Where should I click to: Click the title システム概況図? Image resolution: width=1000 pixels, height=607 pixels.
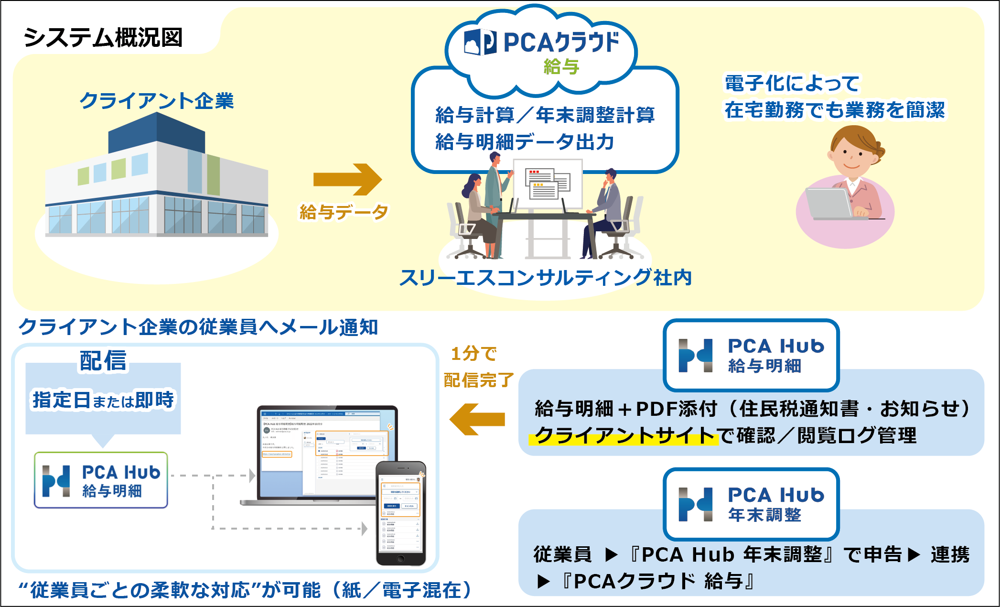pos(103,38)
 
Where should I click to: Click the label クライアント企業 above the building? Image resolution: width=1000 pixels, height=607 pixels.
pos(157,101)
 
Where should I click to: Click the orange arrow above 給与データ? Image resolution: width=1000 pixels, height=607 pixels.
pos(347,179)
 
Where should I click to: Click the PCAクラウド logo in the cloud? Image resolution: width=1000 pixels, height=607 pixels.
pos(542,43)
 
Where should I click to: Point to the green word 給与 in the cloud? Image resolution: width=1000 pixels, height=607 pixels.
pos(561,67)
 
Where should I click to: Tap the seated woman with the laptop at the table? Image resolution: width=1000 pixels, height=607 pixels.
pos(478,210)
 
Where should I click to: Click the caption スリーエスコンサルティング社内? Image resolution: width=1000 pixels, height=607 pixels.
pos(545,278)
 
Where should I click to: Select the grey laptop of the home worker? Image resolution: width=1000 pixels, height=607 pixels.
pos(829,203)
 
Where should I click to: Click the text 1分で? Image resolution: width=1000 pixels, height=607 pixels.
pos(474,354)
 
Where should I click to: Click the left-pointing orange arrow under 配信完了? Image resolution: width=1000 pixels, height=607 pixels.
pos(477,419)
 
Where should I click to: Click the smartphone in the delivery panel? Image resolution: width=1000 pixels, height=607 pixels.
pos(401,513)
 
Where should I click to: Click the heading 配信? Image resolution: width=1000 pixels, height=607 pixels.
pos(103,360)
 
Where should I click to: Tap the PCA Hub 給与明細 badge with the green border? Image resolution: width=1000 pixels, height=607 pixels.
pos(101,480)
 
